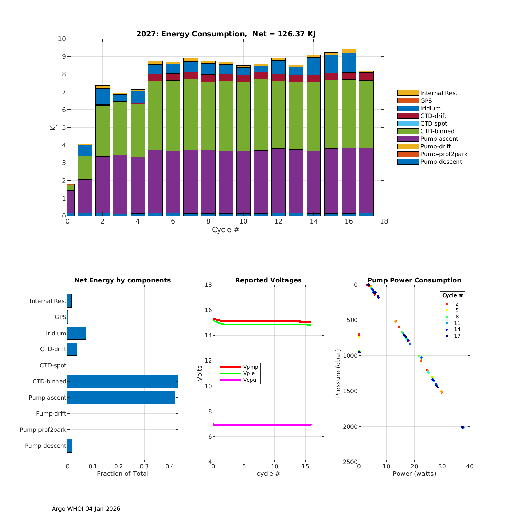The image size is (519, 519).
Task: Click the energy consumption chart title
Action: (x=226, y=34)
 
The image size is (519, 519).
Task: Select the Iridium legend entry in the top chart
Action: (x=430, y=108)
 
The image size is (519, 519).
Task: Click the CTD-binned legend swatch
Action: (x=408, y=131)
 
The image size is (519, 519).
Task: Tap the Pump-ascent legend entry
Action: (x=439, y=139)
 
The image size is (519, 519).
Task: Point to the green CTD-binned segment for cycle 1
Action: (x=85, y=167)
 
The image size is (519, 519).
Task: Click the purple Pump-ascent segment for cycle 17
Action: (x=366, y=180)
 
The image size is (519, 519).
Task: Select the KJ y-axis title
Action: (x=53, y=127)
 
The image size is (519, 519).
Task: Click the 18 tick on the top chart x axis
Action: (x=384, y=221)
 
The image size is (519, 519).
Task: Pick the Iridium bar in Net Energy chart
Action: (x=77, y=333)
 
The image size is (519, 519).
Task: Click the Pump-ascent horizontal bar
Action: (x=121, y=398)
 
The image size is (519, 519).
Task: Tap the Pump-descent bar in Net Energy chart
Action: (x=70, y=446)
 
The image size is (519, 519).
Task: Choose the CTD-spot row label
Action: (x=53, y=365)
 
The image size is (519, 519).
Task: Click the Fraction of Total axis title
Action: (x=122, y=474)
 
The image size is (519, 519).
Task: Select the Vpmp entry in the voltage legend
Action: (x=251, y=367)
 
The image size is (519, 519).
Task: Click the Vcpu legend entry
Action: (x=249, y=380)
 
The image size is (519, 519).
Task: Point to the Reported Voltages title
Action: (x=268, y=280)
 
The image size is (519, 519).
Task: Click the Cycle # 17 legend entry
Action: (x=457, y=336)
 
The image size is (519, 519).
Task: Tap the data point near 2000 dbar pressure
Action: (x=463, y=427)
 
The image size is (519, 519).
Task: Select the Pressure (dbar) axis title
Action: (x=338, y=373)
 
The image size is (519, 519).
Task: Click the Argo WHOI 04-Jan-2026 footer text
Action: (x=86, y=509)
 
